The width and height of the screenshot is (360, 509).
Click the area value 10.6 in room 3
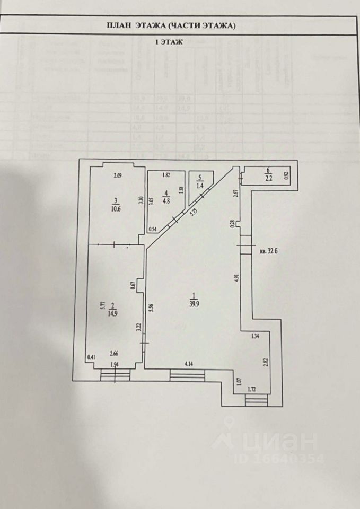(x=116, y=208)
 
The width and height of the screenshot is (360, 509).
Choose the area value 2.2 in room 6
(x=268, y=178)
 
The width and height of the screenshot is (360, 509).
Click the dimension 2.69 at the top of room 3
(x=118, y=176)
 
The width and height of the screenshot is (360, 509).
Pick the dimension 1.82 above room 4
(x=166, y=175)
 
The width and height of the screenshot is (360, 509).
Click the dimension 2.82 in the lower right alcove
(x=265, y=363)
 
